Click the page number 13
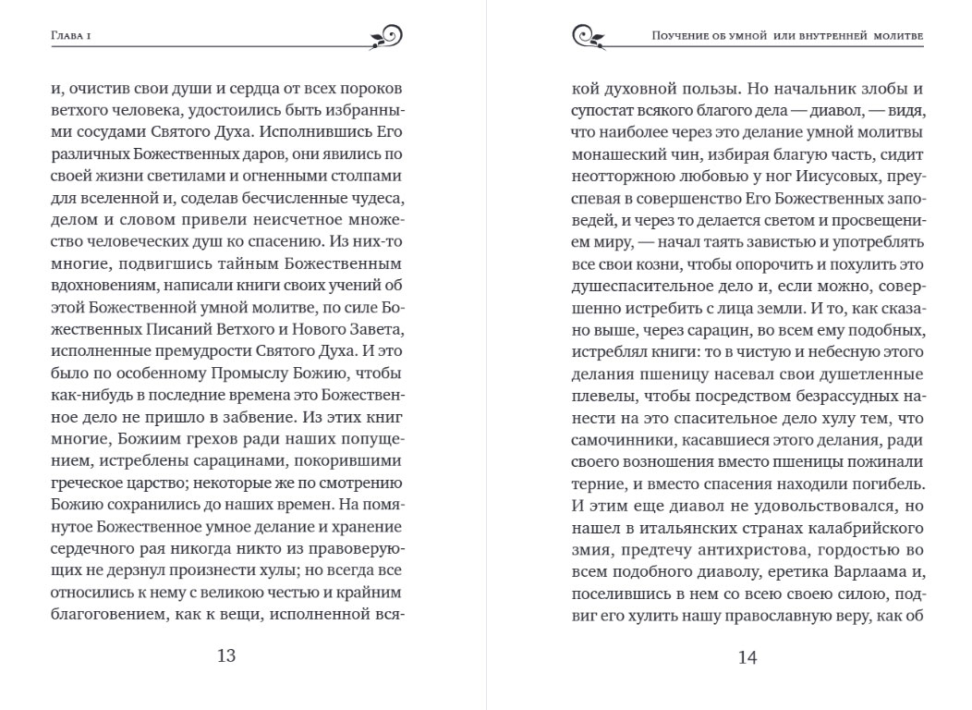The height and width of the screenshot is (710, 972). click(x=226, y=655)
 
